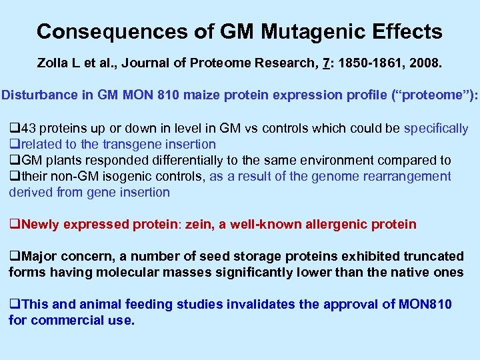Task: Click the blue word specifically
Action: point(436,128)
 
